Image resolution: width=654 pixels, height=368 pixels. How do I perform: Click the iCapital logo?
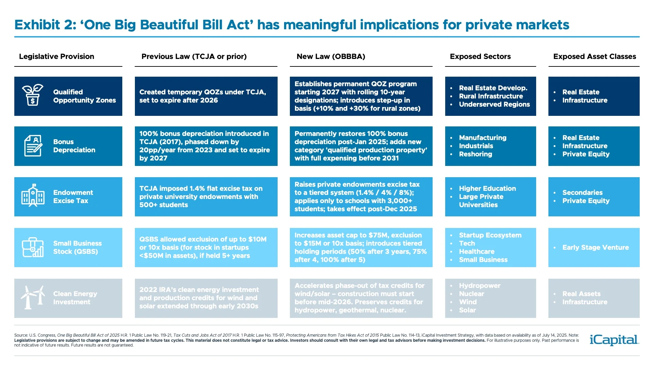(x=614, y=340)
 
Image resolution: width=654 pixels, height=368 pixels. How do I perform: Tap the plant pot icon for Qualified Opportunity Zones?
(x=33, y=95)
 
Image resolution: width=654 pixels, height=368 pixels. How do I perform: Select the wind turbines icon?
(x=33, y=297)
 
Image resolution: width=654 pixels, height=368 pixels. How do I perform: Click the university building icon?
(x=33, y=196)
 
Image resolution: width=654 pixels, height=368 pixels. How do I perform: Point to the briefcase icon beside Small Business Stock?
(x=33, y=247)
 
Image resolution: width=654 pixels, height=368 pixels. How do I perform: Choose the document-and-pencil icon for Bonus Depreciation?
(x=33, y=146)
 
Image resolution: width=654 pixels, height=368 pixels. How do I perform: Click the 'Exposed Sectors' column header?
(x=480, y=57)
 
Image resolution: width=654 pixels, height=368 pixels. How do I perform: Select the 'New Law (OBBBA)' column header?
(x=330, y=57)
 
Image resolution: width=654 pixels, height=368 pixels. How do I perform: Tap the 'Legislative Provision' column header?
(x=57, y=57)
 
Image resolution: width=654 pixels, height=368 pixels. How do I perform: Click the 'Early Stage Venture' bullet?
(x=595, y=247)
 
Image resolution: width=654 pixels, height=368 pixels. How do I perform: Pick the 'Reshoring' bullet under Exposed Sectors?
(x=475, y=154)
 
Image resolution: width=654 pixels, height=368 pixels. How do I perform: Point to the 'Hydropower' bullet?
(x=479, y=286)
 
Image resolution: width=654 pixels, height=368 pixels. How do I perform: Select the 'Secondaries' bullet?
(x=582, y=193)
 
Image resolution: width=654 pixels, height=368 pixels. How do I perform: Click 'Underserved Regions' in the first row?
(x=494, y=104)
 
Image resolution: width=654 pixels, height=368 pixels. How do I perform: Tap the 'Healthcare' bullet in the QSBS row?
(x=476, y=251)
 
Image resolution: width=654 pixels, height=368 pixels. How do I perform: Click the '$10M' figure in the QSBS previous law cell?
(x=257, y=239)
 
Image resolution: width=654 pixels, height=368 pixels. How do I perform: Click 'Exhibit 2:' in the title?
(x=45, y=25)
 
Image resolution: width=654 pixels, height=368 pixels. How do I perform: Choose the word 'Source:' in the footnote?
(x=21, y=335)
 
